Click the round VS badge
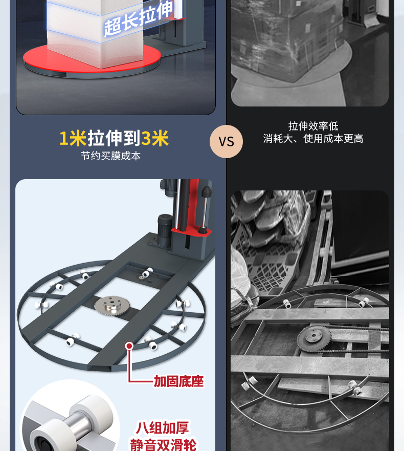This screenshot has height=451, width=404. (x=226, y=141)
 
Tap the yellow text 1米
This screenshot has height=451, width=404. (x=73, y=138)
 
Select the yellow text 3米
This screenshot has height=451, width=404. (x=155, y=138)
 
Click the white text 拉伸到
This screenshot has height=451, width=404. (x=114, y=138)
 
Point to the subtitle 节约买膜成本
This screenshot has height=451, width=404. (x=110, y=156)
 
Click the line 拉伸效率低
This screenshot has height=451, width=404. (x=313, y=126)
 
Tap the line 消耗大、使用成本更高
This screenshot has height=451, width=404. (x=313, y=139)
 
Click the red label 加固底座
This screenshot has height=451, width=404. (x=178, y=381)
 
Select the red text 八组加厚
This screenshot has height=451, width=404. (x=162, y=427)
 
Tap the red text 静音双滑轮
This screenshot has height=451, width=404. (x=163, y=445)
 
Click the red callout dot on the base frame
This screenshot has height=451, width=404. (x=129, y=346)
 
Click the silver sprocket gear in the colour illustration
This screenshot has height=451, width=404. (x=112, y=306)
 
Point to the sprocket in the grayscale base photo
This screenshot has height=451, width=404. (x=314, y=338)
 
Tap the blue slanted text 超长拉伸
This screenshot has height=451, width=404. (x=139, y=19)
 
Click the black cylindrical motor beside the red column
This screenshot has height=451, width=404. (x=165, y=229)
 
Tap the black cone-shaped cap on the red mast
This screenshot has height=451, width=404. (x=206, y=191)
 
